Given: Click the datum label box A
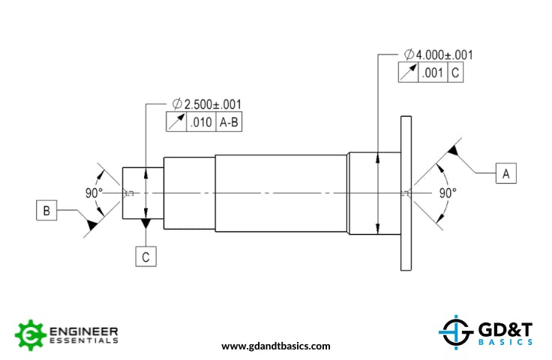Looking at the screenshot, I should tap(505, 173).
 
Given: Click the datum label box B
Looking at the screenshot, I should tap(46, 211).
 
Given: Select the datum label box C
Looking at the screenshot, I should tap(146, 256).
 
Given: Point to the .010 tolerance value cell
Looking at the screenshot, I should tap(201, 123).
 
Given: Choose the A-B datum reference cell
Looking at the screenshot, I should tap(229, 123).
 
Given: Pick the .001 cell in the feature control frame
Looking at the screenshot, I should tap(433, 73).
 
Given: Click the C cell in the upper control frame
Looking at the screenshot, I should tap(455, 73).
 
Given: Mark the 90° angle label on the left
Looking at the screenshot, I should tap(94, 193).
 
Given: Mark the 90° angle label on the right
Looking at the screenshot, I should tap(448, 193).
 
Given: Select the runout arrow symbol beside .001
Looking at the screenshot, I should tap(408, 73).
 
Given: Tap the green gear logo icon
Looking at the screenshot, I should tap(30, 334).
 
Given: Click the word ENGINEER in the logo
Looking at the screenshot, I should tap(82, 330).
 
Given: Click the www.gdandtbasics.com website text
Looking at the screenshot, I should tap(276, 346).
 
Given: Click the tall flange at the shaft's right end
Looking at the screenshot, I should tap(407, 193).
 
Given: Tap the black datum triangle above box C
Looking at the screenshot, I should tap(146, 223).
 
